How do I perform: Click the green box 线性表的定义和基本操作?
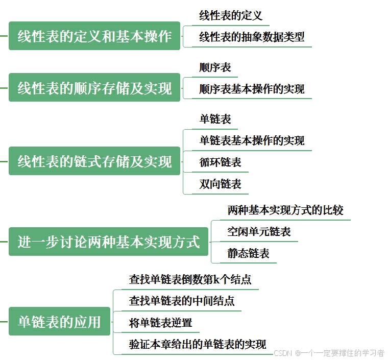point(94,36)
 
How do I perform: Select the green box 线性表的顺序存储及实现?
point(94,88)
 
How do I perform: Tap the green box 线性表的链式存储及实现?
point(94,161)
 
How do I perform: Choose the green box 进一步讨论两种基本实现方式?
point(108,242)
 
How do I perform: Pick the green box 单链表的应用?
point(59,321)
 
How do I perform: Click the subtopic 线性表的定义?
point(231,16)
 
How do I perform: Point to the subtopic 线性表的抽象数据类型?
point(252,37)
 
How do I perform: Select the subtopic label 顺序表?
point(215,67)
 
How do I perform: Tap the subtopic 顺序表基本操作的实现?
point(252,89)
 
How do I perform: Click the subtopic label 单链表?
point(215,119)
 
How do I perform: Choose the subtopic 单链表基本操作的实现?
point(252,140)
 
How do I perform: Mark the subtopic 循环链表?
point(220,162)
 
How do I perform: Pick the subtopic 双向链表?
point(220,184)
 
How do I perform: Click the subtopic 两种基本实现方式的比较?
point(285,210)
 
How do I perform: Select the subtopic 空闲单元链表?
point(259,232)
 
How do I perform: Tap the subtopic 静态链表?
point(248,253)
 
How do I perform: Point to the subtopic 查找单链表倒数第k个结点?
point(190,279)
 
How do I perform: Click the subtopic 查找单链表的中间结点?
point(181,301)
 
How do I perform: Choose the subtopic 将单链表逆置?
point(160,323)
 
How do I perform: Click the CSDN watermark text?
point(329,353)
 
